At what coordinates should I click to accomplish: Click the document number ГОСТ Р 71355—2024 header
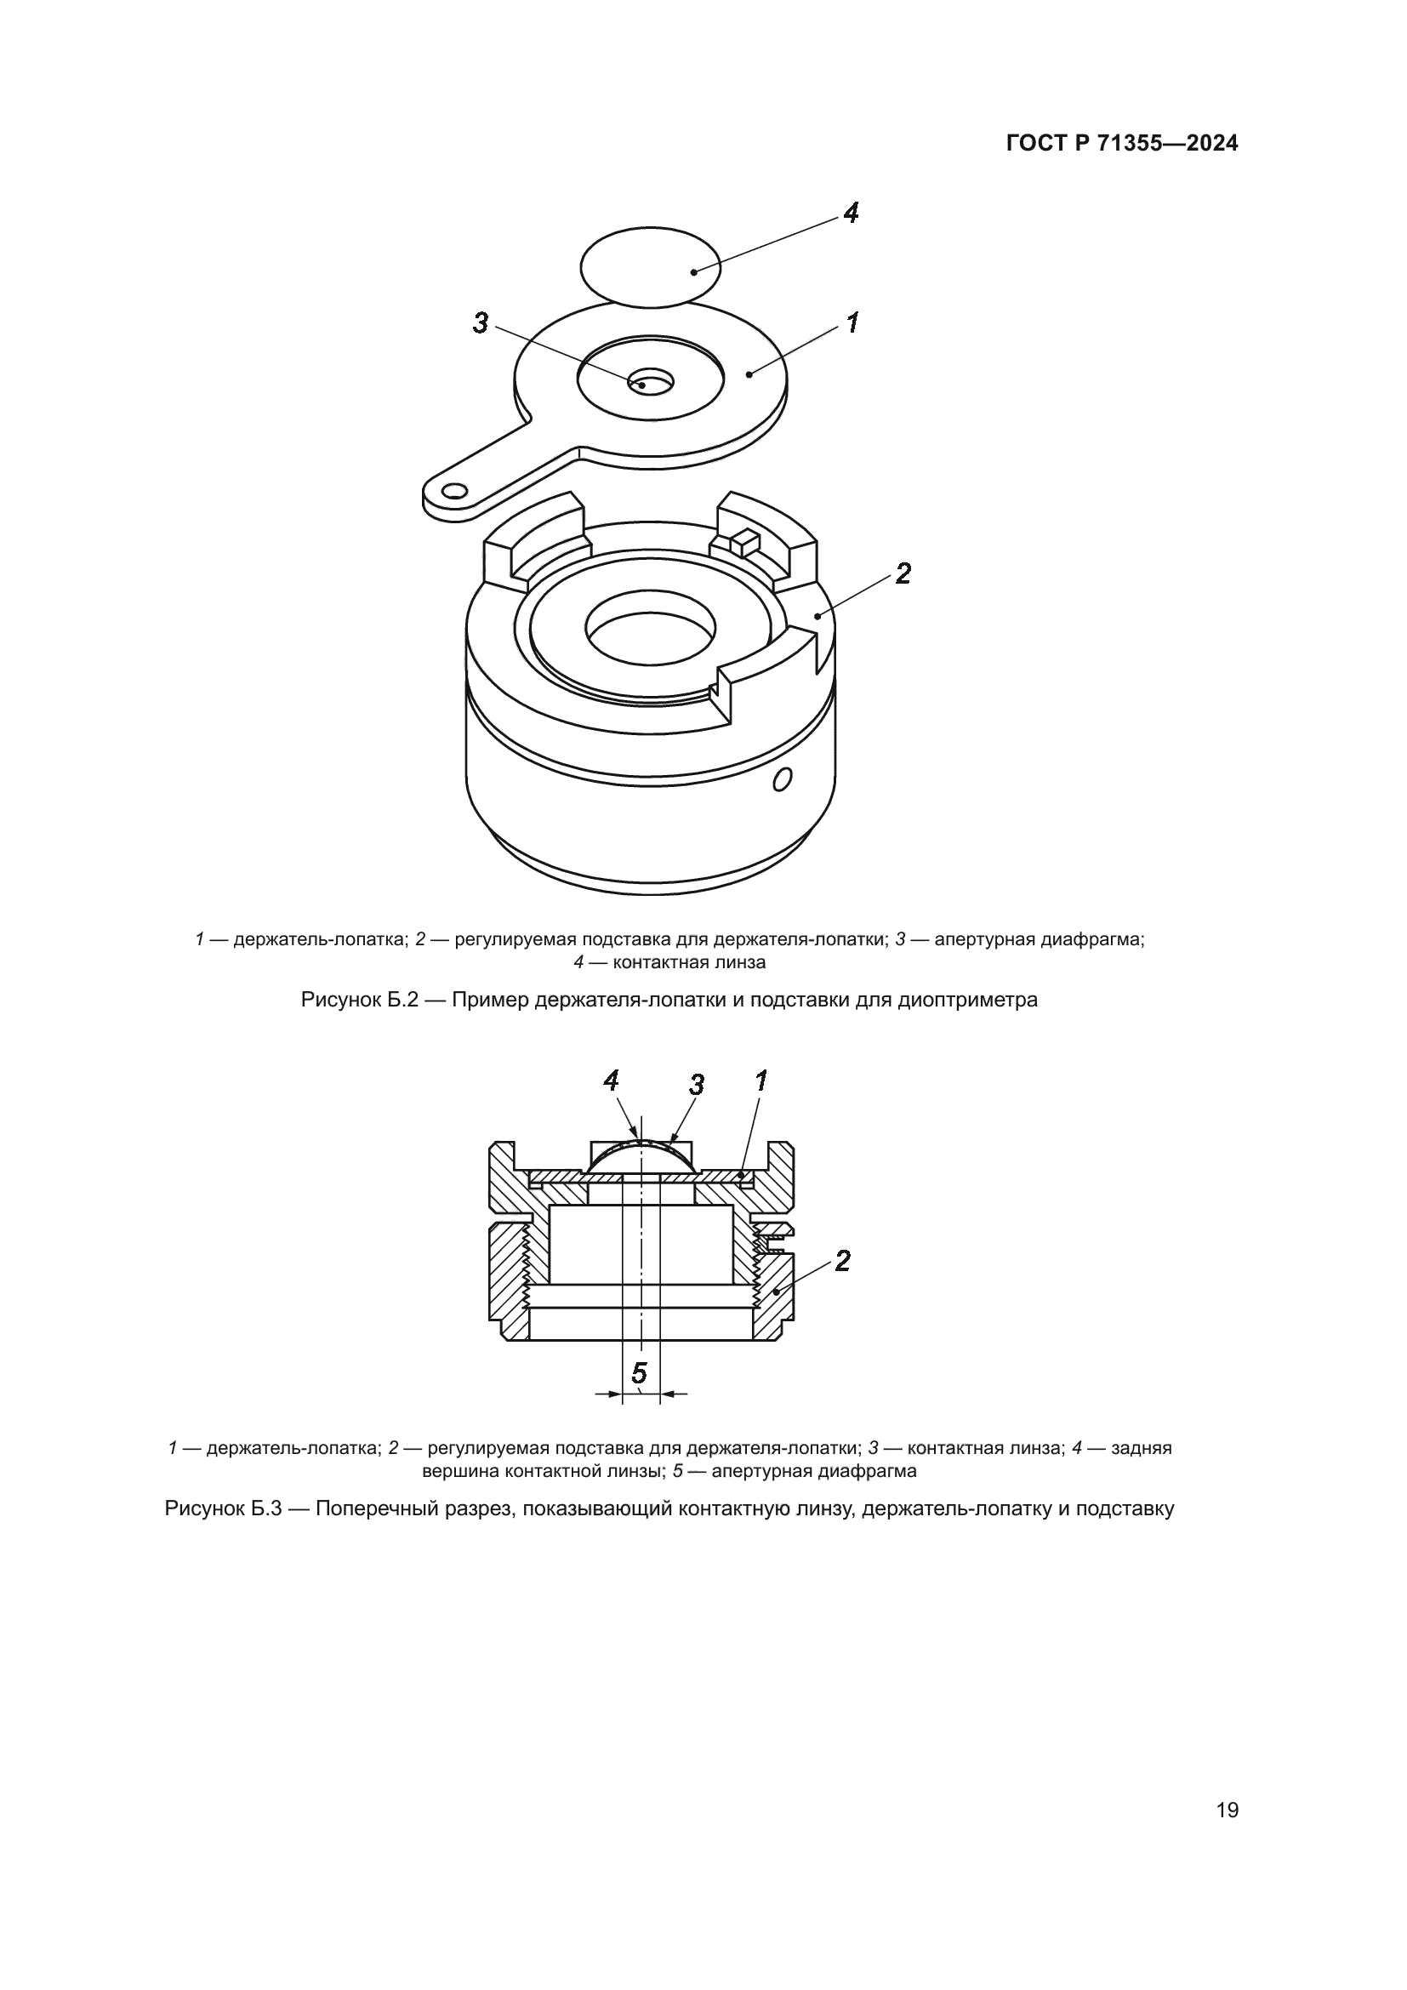click(1122, 144)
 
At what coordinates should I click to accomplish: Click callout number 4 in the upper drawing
click(851, 213)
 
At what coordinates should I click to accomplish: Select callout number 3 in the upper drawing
click(481, 323)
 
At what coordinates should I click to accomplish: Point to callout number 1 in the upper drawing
click(852, 323)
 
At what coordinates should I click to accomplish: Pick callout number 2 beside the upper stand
click(903, 573)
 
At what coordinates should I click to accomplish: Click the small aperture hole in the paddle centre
click(652, 380)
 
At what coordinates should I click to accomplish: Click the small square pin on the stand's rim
click(744, 543)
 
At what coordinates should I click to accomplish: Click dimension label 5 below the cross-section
click(640, 1373)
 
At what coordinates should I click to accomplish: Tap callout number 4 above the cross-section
click(612, 1081)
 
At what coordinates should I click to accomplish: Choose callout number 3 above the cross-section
click(697, 1084)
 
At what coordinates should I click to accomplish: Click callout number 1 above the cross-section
click(761, 1081)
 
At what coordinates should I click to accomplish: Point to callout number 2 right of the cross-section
click(842, 1260)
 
